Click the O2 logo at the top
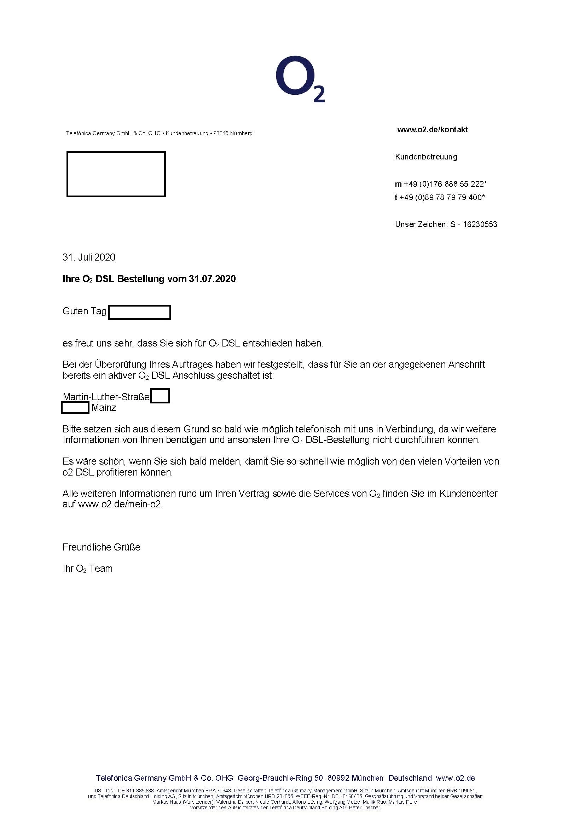300,79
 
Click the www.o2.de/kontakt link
432,130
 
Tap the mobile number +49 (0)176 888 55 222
445,184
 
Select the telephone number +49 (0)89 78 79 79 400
444,197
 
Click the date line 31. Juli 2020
89,257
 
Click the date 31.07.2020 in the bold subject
212,279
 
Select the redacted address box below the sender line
116,174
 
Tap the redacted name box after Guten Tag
139,312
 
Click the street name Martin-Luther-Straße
106,397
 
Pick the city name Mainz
104,408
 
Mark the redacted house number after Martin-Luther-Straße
160,396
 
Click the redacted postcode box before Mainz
75,408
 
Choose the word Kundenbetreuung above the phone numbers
426,157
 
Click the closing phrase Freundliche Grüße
102,547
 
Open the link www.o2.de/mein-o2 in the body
120,504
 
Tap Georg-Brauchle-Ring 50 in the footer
280,778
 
